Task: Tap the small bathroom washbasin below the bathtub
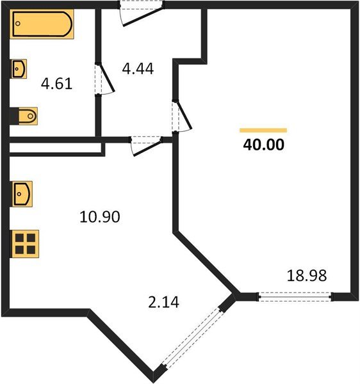[19, 68]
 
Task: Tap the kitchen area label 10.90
[100, 217]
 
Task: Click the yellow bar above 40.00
[263, 130]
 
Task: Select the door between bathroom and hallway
[102, 79]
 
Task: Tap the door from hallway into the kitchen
[145, 144]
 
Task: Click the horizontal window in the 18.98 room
[295, 296]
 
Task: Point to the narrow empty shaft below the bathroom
[56, 148]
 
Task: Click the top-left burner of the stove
[20, 238]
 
